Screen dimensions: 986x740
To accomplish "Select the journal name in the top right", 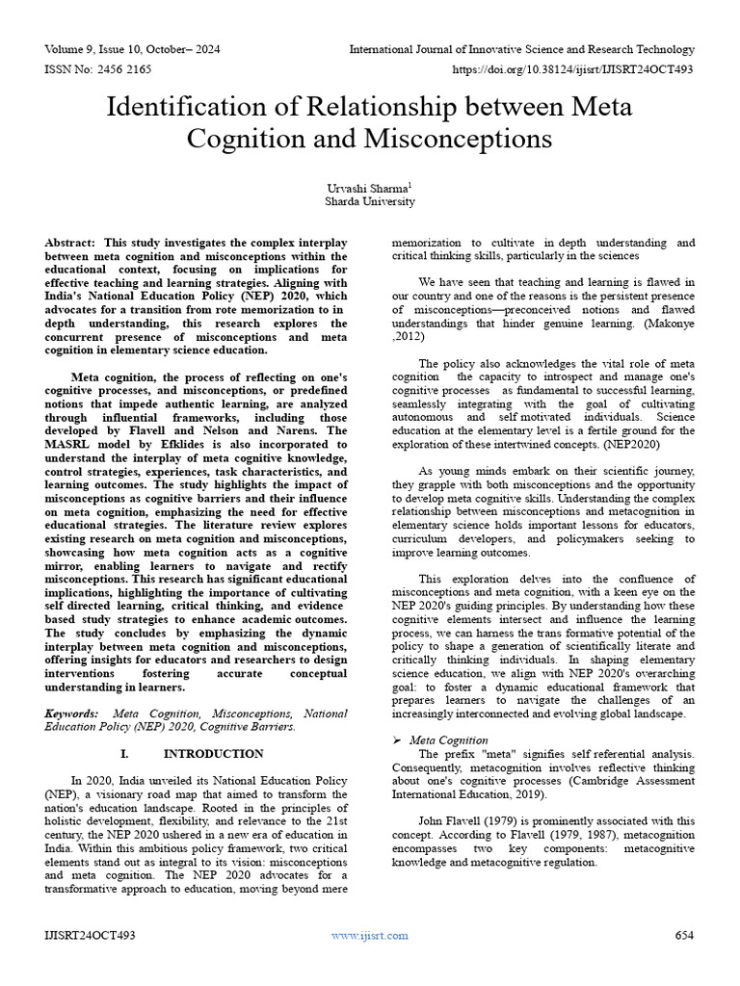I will (x=521, y=48).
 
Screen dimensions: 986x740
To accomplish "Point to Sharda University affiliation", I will (x=370, y=202).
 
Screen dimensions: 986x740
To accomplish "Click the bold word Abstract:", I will (x=70, y=244).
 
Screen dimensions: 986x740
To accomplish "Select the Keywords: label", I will (x=71, y=714).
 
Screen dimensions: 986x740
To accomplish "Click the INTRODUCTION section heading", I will (x=213, y=753).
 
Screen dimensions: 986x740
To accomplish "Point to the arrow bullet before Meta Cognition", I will (x=399, y=739).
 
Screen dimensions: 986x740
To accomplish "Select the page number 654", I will (x=684, y=935).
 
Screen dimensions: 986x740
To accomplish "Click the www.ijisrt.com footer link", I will (x=369, y=935).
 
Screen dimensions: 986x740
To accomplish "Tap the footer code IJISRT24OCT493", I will (x=90, y=935).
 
